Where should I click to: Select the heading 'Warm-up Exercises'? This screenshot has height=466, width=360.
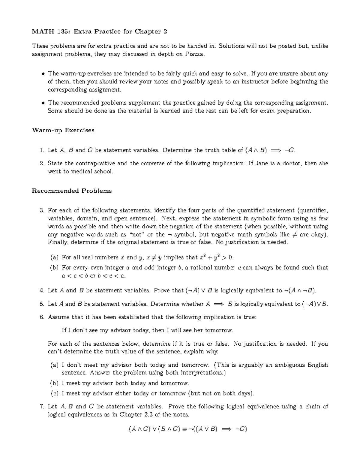pyautogui.click(x=63, y=130)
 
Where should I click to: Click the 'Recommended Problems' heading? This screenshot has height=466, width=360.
pyautogui.click(x=72, y=191)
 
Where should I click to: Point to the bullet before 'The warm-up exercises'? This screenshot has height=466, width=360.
pyautogui.click(x=43, y=74)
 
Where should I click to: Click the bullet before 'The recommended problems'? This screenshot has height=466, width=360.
pyautogui.click(x=43, y=103)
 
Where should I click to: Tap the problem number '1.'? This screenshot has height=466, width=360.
pyautogui.click(x=42, y=150)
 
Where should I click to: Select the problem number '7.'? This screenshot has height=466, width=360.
pyautogui.click(x=42, y=407)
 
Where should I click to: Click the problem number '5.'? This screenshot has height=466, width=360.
pyautogui.click(x=42, y=304)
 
